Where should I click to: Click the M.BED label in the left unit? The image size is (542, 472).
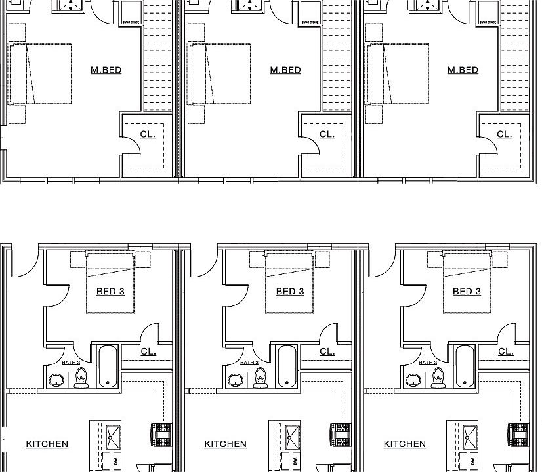click(x=106, y=70)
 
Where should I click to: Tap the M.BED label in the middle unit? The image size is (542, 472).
click(x=285, y=70)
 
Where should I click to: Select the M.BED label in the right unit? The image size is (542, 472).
click(x=463, y=70)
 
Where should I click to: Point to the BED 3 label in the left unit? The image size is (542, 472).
click(x=110, y=292)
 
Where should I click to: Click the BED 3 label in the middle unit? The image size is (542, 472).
click(x=290, y=292)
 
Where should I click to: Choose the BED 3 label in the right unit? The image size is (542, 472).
click(x=467, y=292)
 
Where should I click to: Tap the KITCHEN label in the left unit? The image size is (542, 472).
click(x=47, y=444)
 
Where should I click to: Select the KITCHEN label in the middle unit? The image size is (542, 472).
click(x=225, y=444)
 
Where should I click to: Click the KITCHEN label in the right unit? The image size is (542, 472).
click(x=404, y=444)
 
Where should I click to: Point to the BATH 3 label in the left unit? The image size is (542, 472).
click(x=71, y=362)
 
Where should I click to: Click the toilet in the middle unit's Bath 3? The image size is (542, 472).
click(x=261, y=377)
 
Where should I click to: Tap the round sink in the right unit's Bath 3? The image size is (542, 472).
click(x=413, y=380)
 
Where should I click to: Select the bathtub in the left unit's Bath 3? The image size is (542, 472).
click(x=107, y=366)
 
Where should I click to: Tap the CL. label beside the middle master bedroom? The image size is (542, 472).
click(x=327, y=134)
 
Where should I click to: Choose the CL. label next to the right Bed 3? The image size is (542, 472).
click(x=505, y=351)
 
